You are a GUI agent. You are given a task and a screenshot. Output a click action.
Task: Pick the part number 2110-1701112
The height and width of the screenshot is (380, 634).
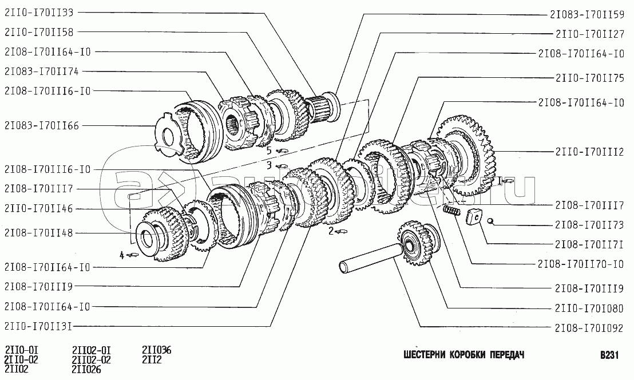590,152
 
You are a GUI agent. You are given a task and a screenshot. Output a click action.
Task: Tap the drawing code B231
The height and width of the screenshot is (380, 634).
609,355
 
